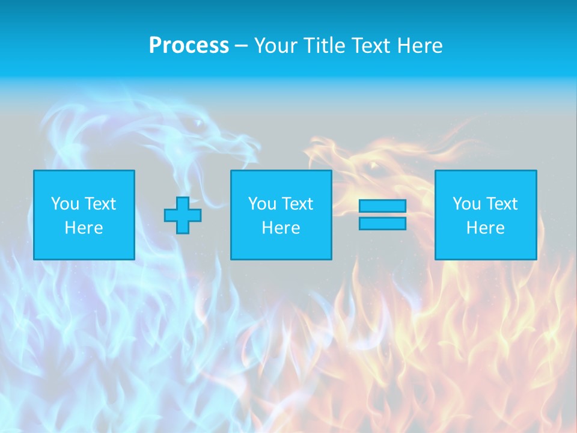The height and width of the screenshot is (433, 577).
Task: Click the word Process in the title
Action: click(x=189, y=46)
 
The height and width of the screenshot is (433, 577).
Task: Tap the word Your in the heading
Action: click(x=276, y=46)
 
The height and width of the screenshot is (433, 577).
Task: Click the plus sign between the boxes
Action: click(x=183, y=215)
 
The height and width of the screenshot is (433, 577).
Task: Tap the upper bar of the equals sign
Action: click(x=382, y=206)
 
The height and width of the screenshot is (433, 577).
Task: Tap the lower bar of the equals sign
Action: click(x=382, y=224)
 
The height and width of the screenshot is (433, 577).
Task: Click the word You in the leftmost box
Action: click(x=65, y=204)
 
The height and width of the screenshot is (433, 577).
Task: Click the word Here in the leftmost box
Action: click(x=84, y=228)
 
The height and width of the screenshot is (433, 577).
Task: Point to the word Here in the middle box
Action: click(x=281, y=228)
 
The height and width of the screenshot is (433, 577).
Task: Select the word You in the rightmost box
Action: click(x=466, y=204)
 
